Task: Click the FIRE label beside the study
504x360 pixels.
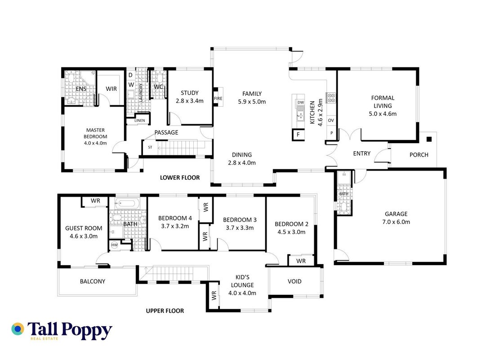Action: coord(218,99)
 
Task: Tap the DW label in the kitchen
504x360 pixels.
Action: coord(300,102)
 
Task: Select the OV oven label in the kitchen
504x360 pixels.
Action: coord(331,120)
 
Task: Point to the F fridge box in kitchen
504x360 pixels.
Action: coord(298,135)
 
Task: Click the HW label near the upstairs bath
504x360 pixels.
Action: coord(115,245)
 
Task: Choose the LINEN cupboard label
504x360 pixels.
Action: coord(139,121)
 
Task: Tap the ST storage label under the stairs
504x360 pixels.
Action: coord(150,147)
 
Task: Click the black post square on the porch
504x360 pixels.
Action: coord(429,139)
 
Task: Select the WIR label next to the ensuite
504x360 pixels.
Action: coord(111,89)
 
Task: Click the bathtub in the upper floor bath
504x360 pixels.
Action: coord(127,203)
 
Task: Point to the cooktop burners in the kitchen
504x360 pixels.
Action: coord(331,98)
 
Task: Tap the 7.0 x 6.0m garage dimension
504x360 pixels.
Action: coord(396,222)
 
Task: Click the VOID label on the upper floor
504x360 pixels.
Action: coord(294,282)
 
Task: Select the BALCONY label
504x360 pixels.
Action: coord(93,282)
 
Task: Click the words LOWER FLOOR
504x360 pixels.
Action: coord(180,178)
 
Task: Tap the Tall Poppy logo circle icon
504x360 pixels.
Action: coord(18,329)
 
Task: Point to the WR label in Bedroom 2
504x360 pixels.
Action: coord(301,261)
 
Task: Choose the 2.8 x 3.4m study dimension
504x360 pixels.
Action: coord(190,101)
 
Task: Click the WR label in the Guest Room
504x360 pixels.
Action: coord(95,201)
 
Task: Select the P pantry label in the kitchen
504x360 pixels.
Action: coord(331,133)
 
